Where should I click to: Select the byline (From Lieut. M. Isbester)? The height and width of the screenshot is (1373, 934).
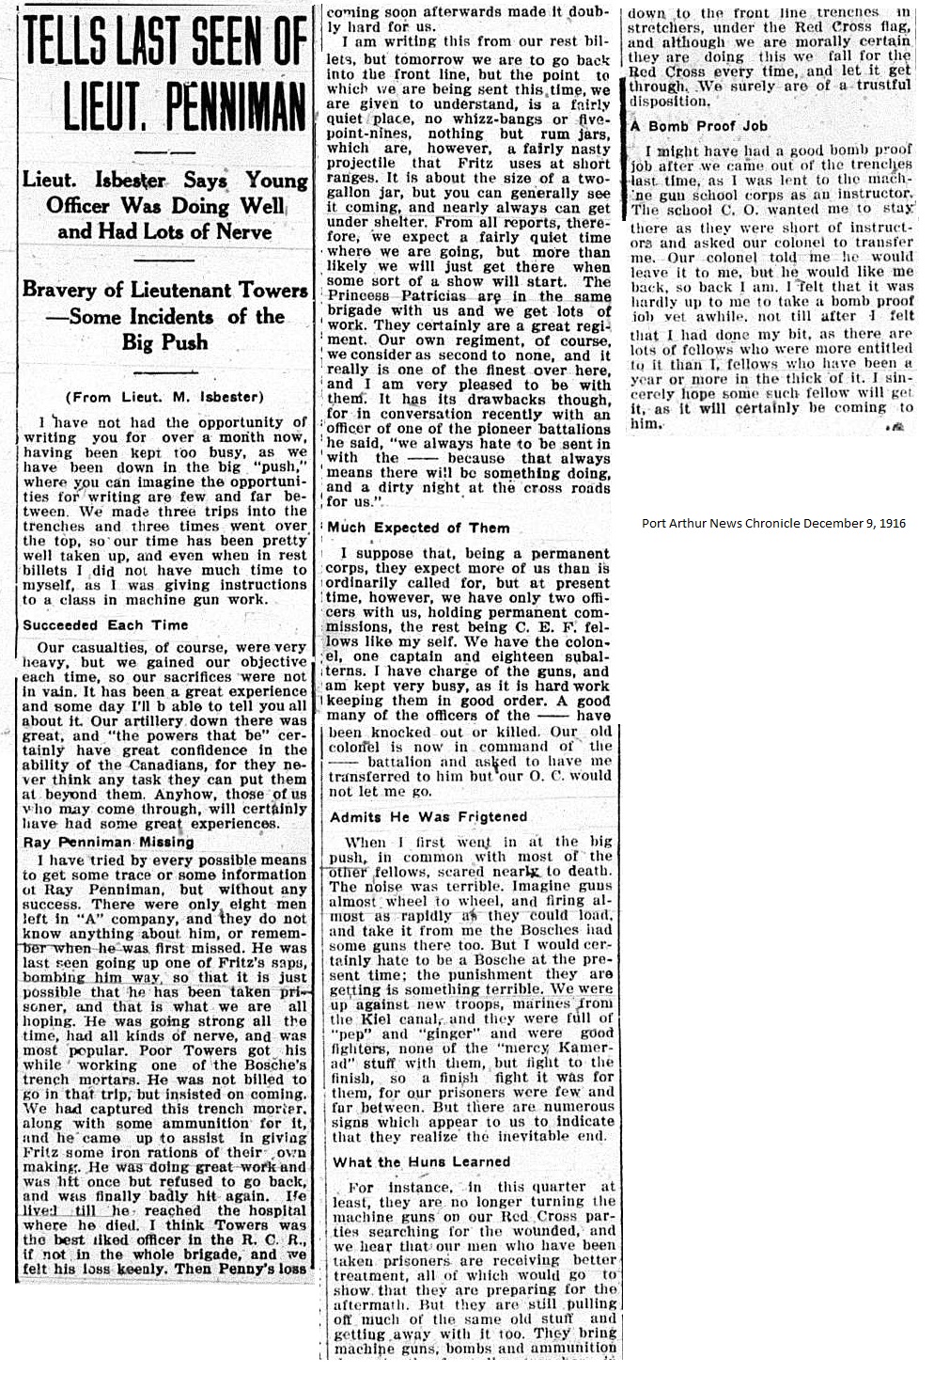tap(164, 397)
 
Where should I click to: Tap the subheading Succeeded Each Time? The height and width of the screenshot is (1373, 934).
tap(105, 624)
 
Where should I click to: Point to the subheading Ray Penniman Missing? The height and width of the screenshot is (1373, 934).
tap(108, 842)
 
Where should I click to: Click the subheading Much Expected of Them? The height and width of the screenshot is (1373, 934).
tap(419, 528)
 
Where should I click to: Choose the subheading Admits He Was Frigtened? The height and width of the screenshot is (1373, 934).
tap(428, 817)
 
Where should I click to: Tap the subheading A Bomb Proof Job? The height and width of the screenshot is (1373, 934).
tap(698, 125)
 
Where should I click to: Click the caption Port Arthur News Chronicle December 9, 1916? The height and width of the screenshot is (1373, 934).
tap(773, 523)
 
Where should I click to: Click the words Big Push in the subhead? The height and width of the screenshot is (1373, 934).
tap(164, 341)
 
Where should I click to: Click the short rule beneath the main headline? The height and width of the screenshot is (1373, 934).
tap(164, 150)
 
